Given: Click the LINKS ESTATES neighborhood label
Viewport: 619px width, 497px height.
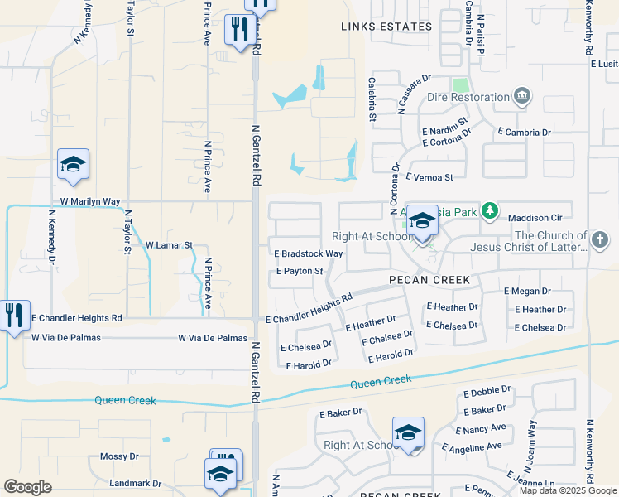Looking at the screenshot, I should click(386, 27).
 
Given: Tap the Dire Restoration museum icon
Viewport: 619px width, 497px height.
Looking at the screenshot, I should click(521, 97).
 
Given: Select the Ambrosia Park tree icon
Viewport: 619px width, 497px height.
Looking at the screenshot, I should click(490, 212).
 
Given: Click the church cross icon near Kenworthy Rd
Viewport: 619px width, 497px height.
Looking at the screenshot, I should click(601, 240).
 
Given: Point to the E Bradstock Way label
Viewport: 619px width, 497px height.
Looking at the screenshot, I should click(309, 253).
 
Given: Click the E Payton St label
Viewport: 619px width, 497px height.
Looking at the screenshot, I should click(299, 271).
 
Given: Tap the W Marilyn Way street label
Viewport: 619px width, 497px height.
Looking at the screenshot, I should click(90, 201).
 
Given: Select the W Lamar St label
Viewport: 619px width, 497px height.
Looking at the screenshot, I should click(169, 246).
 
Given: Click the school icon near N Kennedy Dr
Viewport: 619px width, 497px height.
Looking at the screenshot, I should click(73, 164).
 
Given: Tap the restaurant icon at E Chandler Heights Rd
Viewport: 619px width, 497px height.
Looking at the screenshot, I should click(14, 315).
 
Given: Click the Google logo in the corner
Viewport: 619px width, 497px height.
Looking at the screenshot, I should click(27, 487).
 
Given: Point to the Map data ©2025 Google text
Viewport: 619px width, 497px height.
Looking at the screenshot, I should click(568, 490).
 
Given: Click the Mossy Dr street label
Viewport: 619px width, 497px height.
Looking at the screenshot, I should click(119, 456).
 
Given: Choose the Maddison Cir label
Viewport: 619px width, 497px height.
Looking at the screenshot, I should click(535, 218).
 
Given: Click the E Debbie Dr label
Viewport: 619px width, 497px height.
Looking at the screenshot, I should click(487, 389).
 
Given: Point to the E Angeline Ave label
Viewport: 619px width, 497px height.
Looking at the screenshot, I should click(472, 446).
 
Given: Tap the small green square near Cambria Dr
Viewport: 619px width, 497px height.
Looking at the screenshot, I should click(459, 84).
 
